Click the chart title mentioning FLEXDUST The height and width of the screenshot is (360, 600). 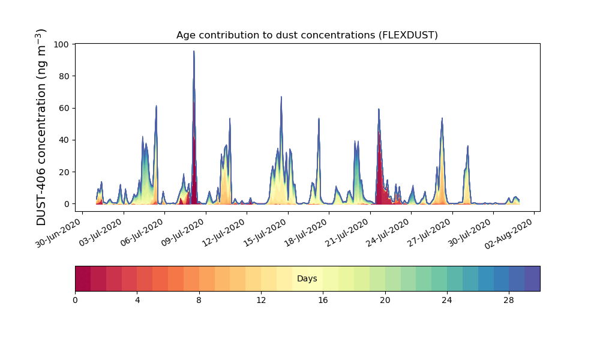click(307, 35)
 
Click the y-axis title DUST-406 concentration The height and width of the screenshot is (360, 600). click(41, 127)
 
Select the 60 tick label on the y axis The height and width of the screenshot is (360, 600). click(64, 108)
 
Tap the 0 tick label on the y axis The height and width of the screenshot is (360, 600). click(67, 204)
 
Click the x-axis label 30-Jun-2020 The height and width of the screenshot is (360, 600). click(58, 233)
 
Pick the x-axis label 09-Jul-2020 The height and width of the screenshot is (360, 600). click(182, 233)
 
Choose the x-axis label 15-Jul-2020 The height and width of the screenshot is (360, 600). click(264, 233)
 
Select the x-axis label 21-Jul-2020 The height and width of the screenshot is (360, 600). click(346, 233)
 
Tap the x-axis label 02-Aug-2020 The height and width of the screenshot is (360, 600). click(509, 234)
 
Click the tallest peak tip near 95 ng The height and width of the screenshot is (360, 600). click(194, 51)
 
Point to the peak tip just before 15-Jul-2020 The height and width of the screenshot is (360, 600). click(281, 97)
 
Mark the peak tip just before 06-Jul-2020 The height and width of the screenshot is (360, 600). click(156, 106)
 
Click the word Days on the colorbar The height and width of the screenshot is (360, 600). click(307, 278)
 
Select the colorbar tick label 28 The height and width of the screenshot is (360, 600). click(509, 301)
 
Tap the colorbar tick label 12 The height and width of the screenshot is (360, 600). click(261, 301)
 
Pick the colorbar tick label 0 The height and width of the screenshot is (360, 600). click(76, 301)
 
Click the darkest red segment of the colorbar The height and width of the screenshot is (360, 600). click(83, 278)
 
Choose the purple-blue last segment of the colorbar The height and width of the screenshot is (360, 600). click(532, 278)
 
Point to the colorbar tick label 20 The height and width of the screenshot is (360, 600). click(385, 301)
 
